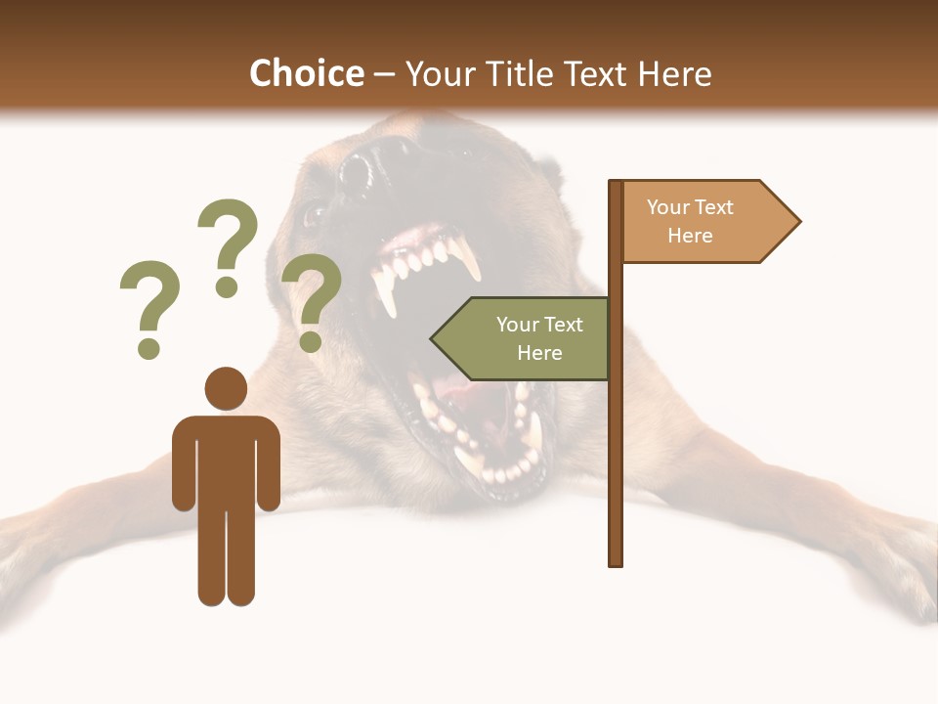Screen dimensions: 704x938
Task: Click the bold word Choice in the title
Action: (x=306, y=73)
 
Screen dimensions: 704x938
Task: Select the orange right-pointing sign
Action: (x=708, y=221)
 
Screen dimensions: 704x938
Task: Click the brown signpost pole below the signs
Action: (x=616, y=469)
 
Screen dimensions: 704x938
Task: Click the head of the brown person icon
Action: (x=226, y=388)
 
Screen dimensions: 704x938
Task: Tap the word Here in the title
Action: (x=674, y=73)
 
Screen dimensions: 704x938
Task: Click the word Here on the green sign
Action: (x=539, y=353)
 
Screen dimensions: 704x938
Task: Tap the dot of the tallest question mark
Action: (x=227, y=287)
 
